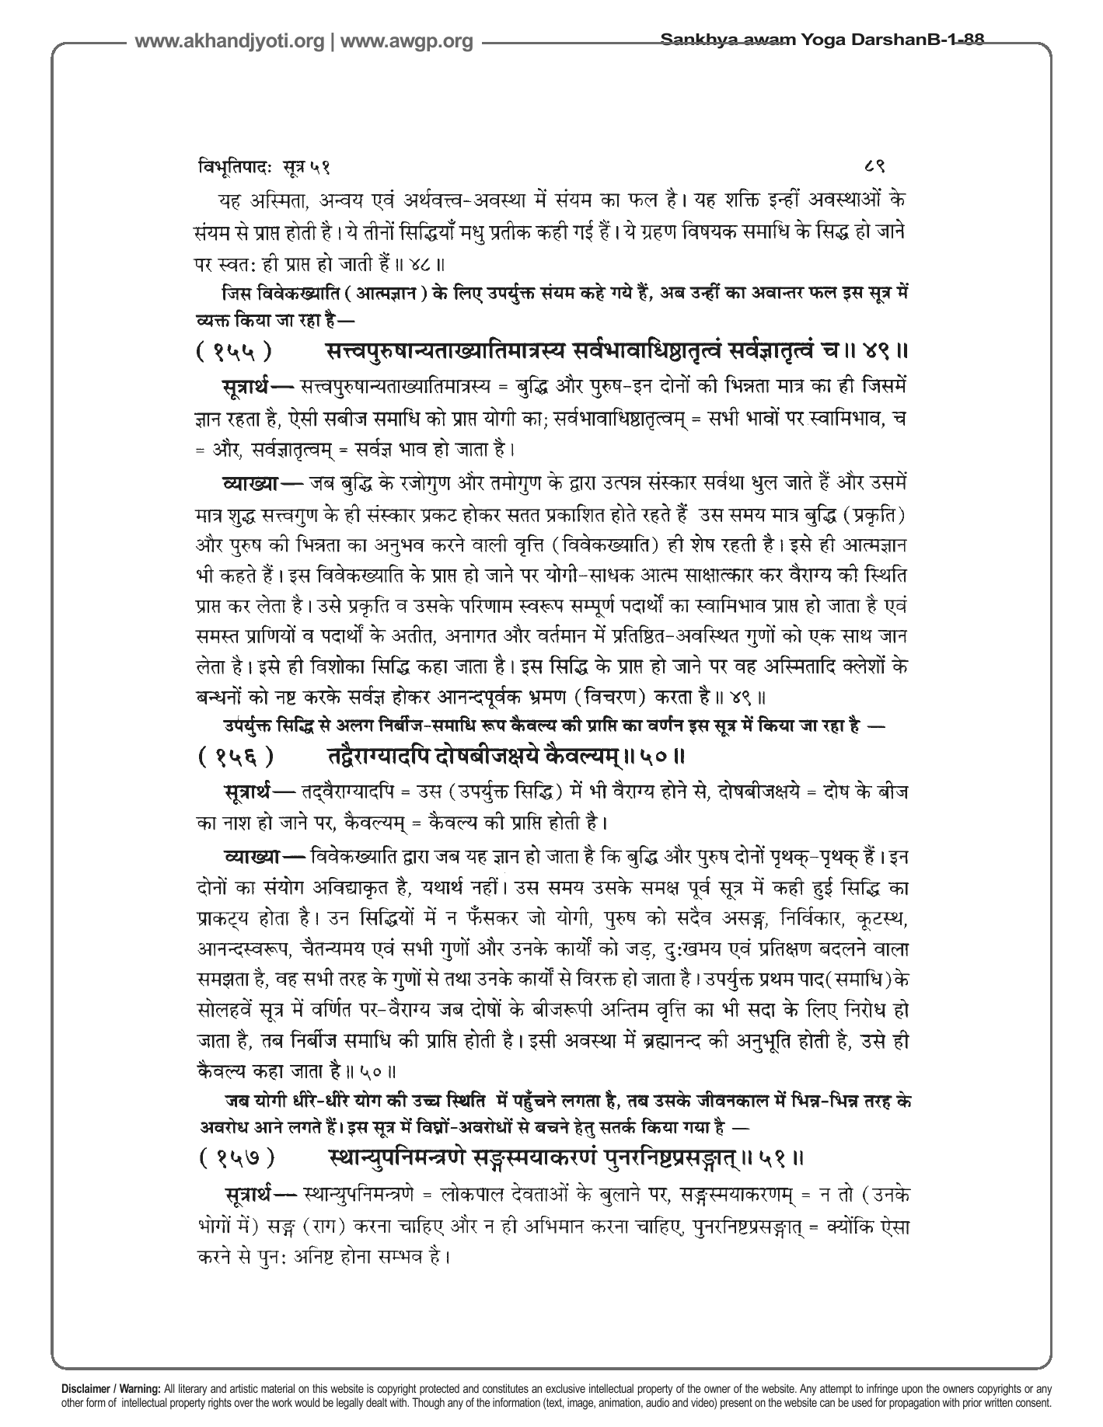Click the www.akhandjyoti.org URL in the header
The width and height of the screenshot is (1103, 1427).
229,41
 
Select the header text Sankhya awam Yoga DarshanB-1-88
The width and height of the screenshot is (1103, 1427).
822,39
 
